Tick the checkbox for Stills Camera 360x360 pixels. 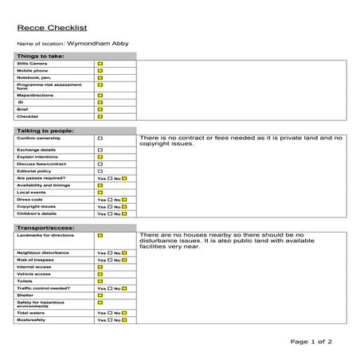click(x=100, y=64)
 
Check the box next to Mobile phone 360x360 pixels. click(x=100, y=71)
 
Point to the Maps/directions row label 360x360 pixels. click(x=35, y=95)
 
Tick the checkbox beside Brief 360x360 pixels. click(x=100, y=109)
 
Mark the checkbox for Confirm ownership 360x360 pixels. click(x=100, y=138)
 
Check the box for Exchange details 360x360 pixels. click(x=100, y=150)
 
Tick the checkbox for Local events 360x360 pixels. click(x=100, y=192)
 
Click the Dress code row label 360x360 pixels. click(x=30, y=199)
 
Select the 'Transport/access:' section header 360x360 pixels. click(x=46, y=228)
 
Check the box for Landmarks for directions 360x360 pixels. click(x=100, y=236)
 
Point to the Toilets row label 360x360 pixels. click(x=26, y=281)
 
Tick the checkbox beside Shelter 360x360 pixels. click(x=100, y=295)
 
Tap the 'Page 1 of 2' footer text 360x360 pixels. click(x=311, y=342)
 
